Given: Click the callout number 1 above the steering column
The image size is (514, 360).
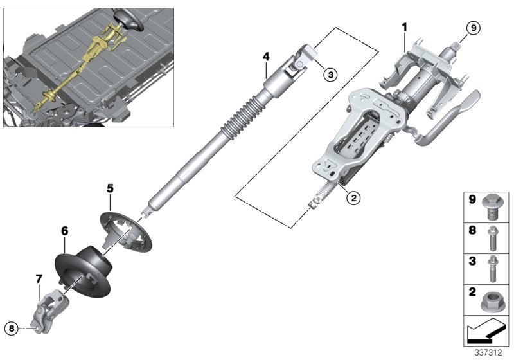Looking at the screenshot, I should [405, 27].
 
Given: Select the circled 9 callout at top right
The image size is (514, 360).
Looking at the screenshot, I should [472, 28].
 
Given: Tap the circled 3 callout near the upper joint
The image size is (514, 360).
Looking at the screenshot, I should [330, 75].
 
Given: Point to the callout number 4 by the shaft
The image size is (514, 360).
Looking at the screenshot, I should [265, 57].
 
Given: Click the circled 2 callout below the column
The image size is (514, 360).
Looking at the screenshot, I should [353, 198].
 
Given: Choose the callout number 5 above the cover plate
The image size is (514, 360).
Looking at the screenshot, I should [110, 188].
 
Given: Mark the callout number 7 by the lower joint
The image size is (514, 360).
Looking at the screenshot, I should [39, 278].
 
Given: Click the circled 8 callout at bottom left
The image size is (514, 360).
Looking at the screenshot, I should [10, 327].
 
